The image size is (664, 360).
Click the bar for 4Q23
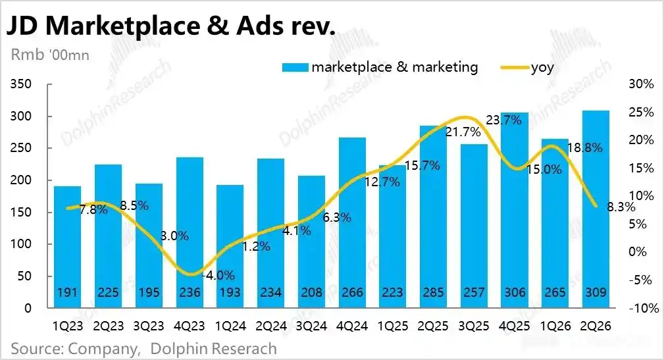(x=190, y=232)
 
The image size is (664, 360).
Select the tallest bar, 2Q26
(x=596, y=209)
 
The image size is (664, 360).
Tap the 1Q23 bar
(x=68, y=247)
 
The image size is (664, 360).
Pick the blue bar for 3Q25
(x=474, y=226)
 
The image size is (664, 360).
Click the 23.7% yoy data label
(x=503, y=120)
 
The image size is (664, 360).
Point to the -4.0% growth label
(x=218, y=275)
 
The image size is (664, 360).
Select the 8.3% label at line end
(x=621, y=207)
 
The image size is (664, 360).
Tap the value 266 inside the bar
(x=352, y=292)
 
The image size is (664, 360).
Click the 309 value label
(x=596, y=292)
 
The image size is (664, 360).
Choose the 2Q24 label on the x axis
(x=271, y=326)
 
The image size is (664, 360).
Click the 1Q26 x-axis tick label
(x=555, y=326)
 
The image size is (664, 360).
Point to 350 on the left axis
(x=21, y=84)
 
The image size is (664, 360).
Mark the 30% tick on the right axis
(x=641, y=84)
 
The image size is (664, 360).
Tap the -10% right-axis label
(x=644, y=308)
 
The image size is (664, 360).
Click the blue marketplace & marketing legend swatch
(x=295, y=67)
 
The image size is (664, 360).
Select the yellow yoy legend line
(x=515, y=68)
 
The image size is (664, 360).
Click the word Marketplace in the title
(x=122, y=26)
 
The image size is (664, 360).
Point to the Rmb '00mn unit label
(x=50, y=55)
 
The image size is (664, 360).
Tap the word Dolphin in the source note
(x=179, y=349)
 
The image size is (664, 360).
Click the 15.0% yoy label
(x=544, y=170)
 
